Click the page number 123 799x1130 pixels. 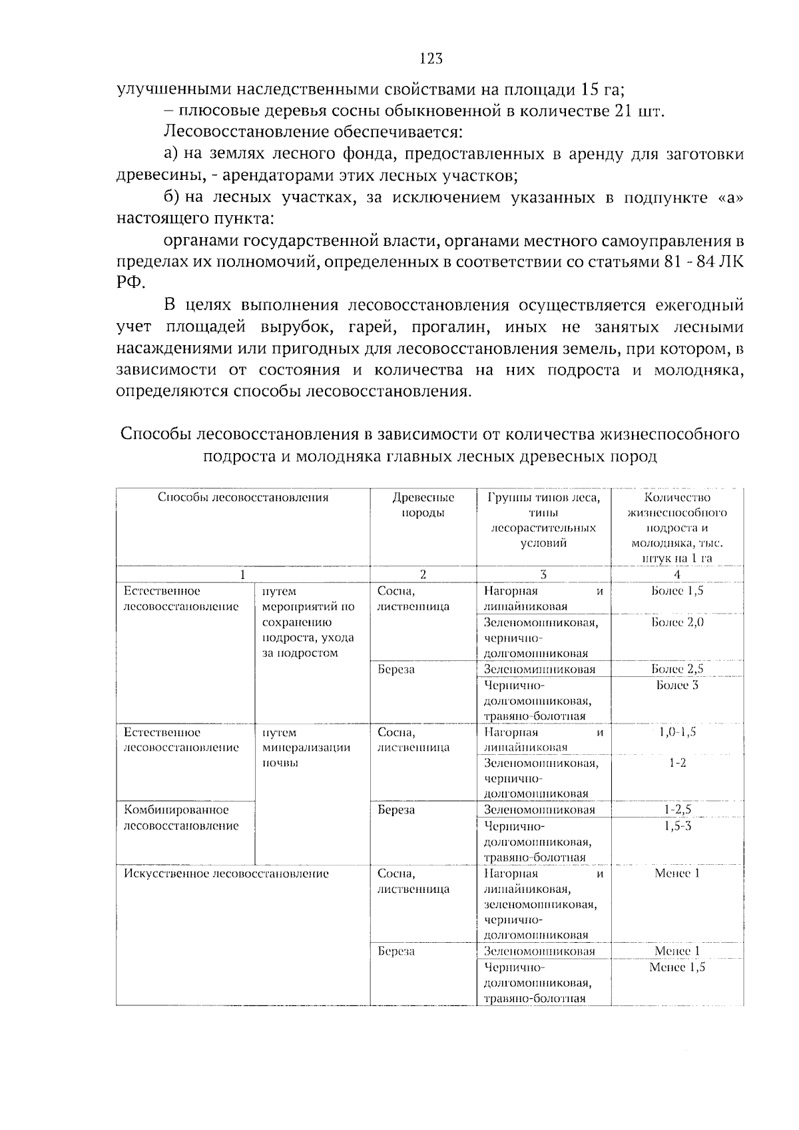coord(431,59)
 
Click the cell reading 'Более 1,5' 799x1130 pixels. coord(677,591)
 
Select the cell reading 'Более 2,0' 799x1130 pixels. coord(677,622)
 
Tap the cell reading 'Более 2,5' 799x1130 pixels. coord(677,669)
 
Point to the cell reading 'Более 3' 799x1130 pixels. coord(677,685)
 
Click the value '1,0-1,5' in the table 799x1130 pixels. coord(677,732)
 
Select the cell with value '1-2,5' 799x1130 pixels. coord(677,810)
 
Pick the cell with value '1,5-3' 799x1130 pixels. coord(677,826)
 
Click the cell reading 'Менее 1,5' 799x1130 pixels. coord(677,967)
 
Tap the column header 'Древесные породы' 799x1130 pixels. coord(423,505)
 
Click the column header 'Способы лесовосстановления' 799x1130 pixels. coord(243,498)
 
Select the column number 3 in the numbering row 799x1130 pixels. coord(543,574)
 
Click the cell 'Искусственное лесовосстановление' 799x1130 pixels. coord(226,873)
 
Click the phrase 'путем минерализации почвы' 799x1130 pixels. coord(306,748)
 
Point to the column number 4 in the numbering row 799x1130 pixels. coord(677,574)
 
